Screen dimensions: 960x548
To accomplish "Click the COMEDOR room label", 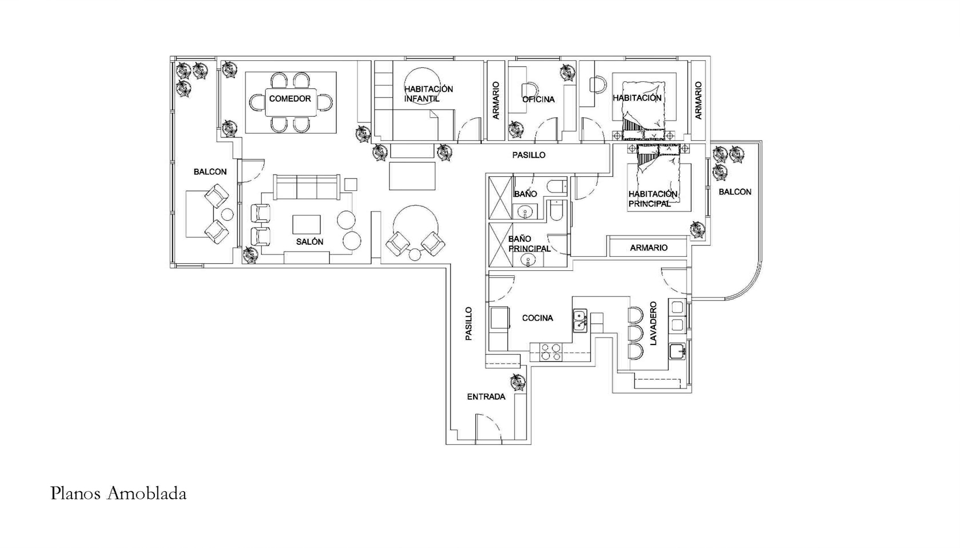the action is (290, 99).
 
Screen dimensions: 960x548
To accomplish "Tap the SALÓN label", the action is (309, 242).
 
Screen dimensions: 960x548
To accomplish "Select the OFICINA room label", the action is (538, 99).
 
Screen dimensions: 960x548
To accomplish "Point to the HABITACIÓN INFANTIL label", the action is (428, 94).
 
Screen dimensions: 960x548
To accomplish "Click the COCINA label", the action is (537, 318).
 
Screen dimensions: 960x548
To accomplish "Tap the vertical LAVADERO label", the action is (653, 324).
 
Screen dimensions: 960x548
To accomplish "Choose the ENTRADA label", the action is (486, 397).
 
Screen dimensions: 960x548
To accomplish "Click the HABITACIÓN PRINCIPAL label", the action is (653, 199).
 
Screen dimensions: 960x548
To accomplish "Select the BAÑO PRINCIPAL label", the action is (529, 244).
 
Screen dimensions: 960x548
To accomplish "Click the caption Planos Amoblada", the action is (118, 493).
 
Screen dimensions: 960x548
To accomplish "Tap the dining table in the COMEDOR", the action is (291, 102).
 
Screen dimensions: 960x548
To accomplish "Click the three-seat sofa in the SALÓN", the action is (306, 187).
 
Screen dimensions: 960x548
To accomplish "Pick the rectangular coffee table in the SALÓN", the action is (306, 225).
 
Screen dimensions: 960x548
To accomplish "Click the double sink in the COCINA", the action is (580, 321).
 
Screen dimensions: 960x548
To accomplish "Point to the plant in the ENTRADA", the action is (517, 383).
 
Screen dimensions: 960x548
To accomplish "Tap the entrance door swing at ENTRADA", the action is (489, 427).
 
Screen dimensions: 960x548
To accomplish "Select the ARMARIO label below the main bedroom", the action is (648, 248).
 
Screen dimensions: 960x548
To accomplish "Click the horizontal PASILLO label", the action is (529, 155).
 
